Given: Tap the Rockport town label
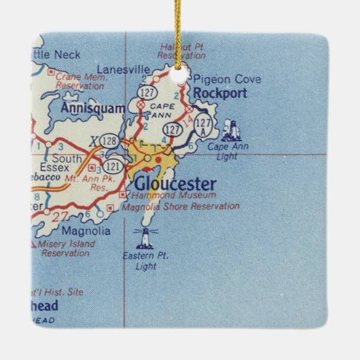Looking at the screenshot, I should (x=218, y=94).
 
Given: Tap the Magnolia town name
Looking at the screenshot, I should (x=85, y=231).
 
